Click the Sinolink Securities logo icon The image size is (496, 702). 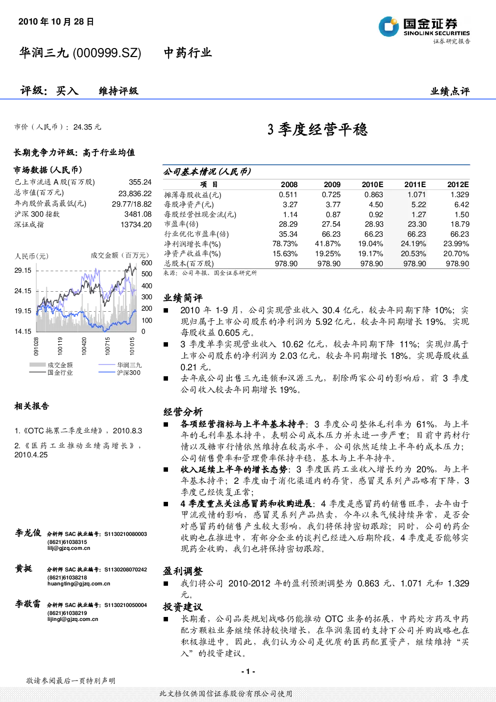pos(388,27)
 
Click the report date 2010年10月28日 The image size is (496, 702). pos(56,22)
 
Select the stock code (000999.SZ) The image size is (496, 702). pos(107,53)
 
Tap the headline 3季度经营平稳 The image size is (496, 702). pos(317,130)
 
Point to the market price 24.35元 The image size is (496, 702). pos(87,127)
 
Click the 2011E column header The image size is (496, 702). pos(415,185)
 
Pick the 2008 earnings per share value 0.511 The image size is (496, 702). pos(288,195)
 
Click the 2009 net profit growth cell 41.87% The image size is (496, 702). pos(327,244)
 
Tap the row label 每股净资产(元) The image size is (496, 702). pos(189,205)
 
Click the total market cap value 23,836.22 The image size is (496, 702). pos(135,194)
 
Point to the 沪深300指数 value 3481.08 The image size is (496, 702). pos(138,214)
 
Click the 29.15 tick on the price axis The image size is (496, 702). pos(23,271)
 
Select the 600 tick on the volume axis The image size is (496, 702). pos(147,263)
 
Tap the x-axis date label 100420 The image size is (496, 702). pos(84,346)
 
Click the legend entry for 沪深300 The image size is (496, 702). pos(119,373)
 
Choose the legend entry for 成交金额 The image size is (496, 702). pos(51,365)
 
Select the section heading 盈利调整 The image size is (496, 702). pos(182,571)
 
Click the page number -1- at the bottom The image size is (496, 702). pos(248,671)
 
